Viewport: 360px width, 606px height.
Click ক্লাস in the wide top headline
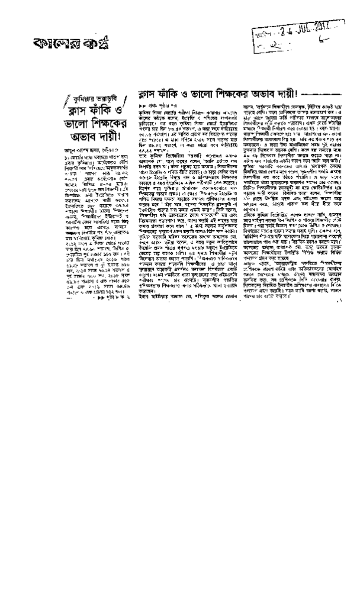pyautogui.click(x=146, y=94)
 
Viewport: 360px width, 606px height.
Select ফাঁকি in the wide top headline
pyautogui.click(x=168, y=94)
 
